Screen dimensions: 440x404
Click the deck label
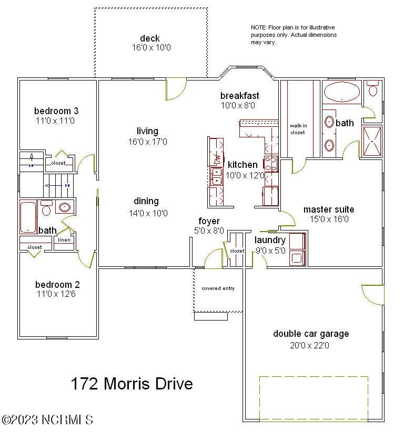[x=150, y=38]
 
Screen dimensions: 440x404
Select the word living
[x=147, y=131]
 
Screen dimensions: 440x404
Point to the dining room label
[x=146, y=201]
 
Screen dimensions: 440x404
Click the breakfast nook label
[x=239, y=95]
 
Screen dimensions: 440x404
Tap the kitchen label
[x=243, y=165]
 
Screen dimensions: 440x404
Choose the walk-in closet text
[x=298, y=129]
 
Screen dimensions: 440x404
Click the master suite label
[x=329, y=209]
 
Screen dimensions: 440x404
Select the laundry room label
[x=270, y=240]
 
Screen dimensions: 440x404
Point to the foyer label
[x=209, y=221]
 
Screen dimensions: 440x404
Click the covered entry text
[x=218, y=288]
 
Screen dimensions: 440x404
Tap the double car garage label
[x=311, y=334]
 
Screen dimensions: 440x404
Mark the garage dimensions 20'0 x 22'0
[x=311, y=346]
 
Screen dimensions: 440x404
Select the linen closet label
[x=64, y=240]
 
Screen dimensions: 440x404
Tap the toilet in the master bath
[x=373, y=88]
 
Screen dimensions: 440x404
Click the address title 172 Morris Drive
[x=132, y=384]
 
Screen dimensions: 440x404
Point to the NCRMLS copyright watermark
[x=47, y=420]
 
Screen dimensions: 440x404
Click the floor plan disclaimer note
[x=294, y=35]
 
